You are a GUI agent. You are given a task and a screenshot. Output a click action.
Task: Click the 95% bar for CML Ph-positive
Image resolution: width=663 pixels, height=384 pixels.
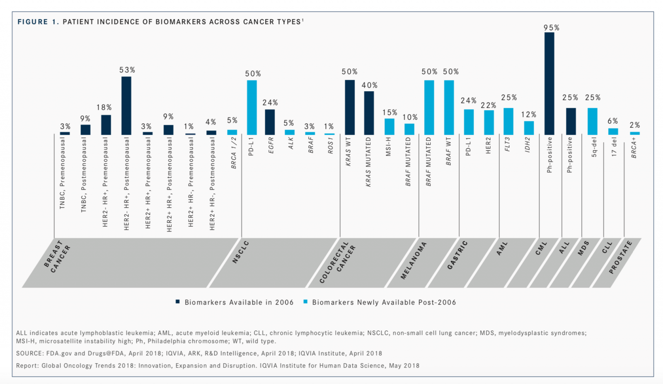549,83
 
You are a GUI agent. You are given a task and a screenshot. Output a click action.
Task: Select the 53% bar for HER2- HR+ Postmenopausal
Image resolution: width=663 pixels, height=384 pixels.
126,106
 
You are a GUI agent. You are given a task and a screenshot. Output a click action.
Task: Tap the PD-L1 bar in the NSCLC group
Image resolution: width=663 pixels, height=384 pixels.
252,107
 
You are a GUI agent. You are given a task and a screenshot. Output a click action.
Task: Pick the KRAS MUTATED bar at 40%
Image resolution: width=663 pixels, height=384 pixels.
369,113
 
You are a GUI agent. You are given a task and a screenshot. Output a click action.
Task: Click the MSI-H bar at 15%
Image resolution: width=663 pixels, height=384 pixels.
390,126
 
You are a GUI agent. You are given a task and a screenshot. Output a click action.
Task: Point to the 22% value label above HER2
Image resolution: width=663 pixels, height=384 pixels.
489,105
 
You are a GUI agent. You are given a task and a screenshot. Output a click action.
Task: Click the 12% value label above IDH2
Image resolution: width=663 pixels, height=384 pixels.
529,114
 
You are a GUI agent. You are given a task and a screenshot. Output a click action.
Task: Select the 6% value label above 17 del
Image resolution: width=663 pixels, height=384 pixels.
613,121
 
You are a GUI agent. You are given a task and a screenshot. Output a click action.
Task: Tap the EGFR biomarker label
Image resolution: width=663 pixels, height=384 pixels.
271,145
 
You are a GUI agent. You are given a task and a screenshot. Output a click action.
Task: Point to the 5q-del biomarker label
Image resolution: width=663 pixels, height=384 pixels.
594,147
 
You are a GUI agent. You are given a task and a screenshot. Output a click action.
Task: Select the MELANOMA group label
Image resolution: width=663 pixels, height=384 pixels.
414,260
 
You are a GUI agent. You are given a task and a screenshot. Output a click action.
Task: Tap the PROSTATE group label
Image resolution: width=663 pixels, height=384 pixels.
621,257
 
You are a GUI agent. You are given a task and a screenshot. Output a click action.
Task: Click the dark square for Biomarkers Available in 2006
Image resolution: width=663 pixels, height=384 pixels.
178,302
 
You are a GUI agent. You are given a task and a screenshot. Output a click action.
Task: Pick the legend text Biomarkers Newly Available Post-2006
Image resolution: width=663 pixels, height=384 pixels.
384,302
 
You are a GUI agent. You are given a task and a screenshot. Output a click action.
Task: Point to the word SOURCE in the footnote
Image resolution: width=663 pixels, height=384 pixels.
29,353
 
